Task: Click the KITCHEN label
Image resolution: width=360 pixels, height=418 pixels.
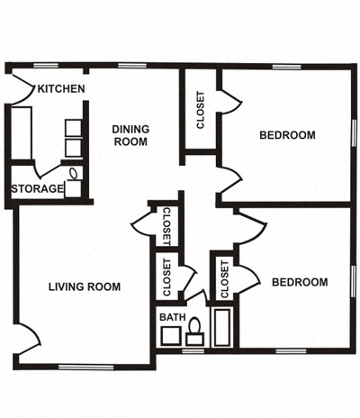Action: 61,88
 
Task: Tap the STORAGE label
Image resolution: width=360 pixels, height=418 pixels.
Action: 37,189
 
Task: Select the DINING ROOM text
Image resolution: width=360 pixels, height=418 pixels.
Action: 130,135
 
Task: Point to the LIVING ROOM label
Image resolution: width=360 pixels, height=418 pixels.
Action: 85,287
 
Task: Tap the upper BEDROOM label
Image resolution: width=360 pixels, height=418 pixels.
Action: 287,136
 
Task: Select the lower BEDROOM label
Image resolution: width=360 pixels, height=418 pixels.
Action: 300,282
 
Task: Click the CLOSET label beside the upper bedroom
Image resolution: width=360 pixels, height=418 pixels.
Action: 200,111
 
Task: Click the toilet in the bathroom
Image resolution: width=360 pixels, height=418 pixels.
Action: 193,337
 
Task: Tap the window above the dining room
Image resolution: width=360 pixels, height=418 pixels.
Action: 132,66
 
